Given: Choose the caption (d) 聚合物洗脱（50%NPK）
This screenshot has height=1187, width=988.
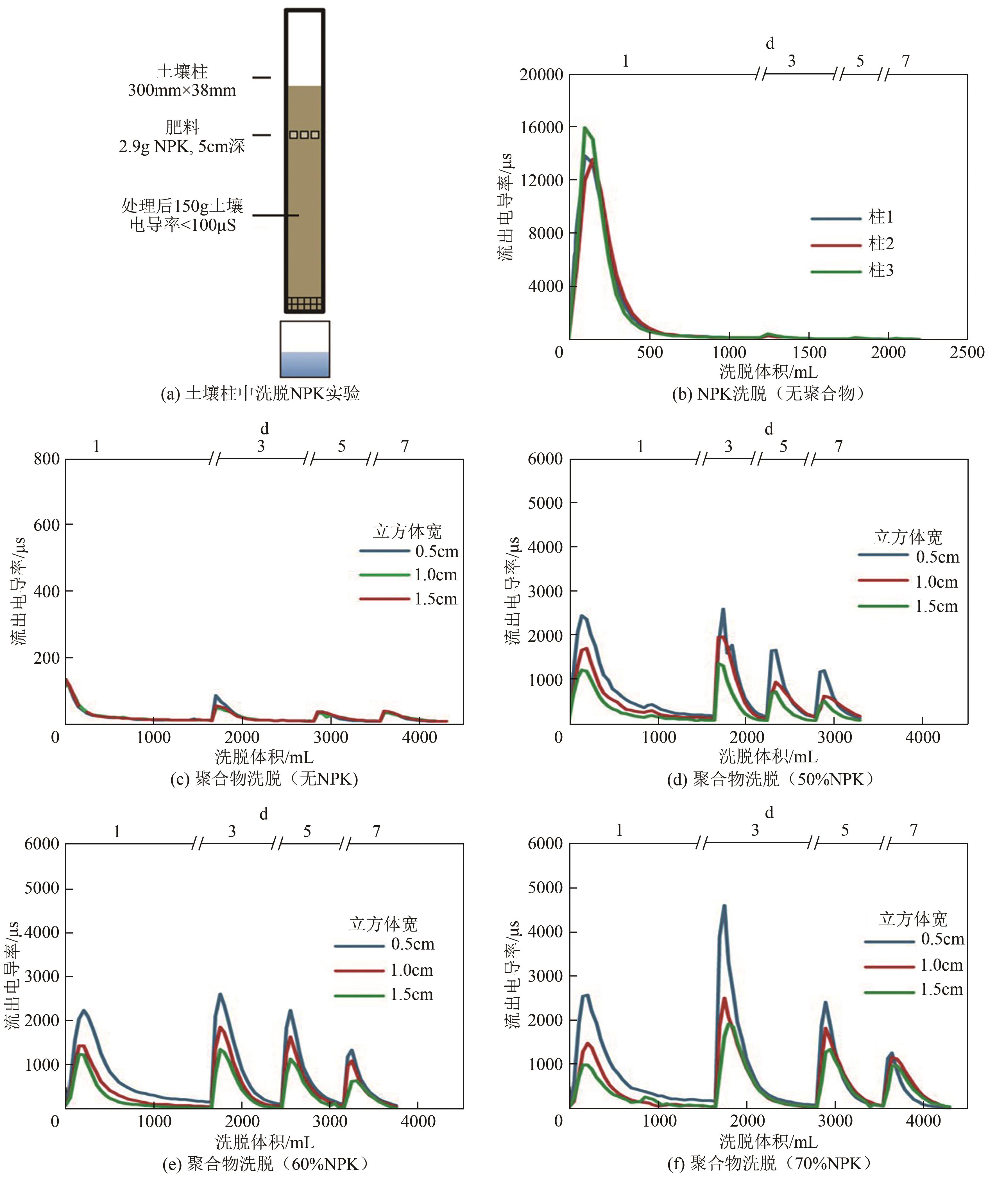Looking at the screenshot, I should click(x=769, y=780).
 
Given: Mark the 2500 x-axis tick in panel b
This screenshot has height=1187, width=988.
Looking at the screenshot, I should click(x=967, y=353).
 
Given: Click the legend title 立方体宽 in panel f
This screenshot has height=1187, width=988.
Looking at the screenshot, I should click(x=913, y=919).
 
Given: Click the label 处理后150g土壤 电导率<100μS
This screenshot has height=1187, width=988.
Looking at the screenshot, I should click(x=182, y=215).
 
